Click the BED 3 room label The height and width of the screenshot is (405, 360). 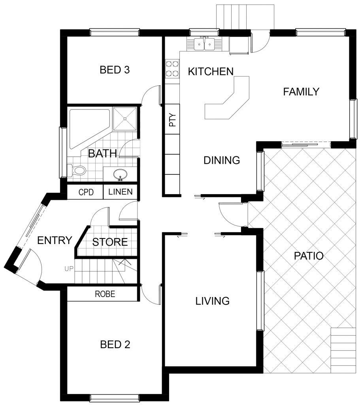tap(115, 70)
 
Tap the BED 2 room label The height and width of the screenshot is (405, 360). tap(115, 344)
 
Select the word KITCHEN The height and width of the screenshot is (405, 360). tap(211, 72)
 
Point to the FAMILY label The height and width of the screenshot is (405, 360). tap(301, 92)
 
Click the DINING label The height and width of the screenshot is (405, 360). tap(222, 161)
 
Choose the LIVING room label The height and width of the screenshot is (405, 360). tap(212, 301)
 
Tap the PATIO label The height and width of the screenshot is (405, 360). tap(309, 256)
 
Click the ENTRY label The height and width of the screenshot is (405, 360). tap(55, 240)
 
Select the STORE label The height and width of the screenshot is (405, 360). tap(110, 242)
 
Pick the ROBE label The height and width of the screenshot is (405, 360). tap(105, 294)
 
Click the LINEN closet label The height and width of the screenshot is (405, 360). tap(121, 192)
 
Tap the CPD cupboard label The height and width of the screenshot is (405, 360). tap(86, 192)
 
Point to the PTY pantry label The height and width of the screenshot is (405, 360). tap(172, 120)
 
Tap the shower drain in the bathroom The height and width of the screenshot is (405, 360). tap(125, 119)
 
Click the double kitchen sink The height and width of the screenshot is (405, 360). tap(204, 44)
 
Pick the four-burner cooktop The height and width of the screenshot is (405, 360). tap(172, 68)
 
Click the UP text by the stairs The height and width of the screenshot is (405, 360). tap(69, 269)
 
